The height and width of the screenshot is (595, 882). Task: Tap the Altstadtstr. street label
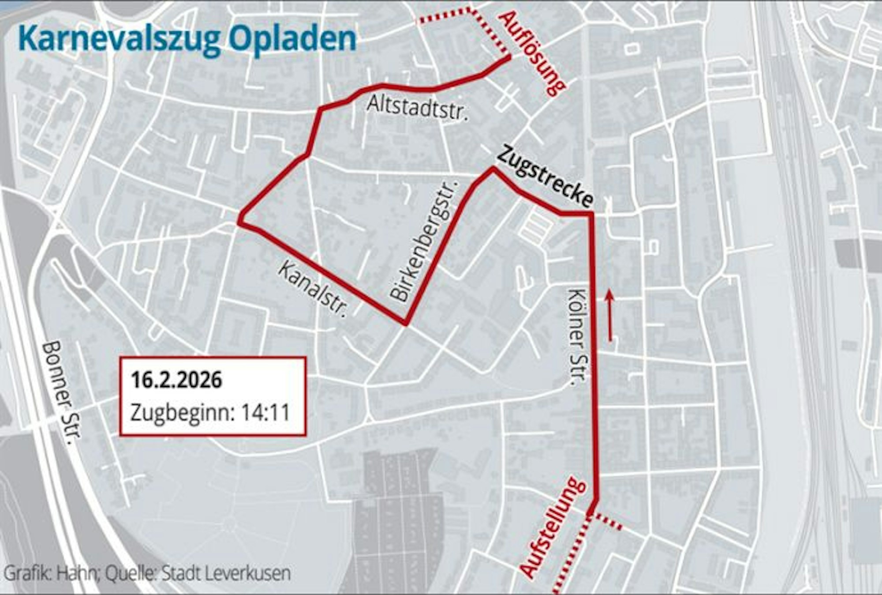click(417, 107)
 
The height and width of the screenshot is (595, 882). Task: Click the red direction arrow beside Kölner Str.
click(610, 315)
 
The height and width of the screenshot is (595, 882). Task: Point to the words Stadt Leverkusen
click(226, 573)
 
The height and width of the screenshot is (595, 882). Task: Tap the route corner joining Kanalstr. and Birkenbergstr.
click(405, 324)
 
